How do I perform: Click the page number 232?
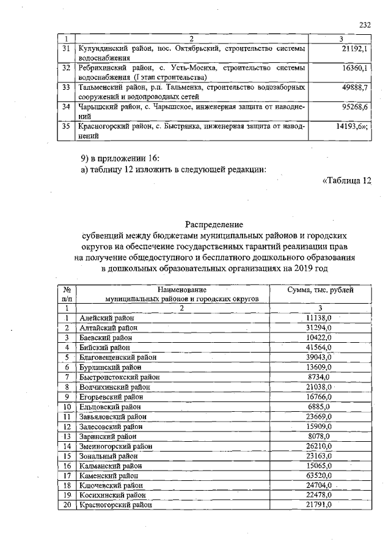(x=365, y=25)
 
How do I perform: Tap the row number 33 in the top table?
(x=68, y=87)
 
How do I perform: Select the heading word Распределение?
(x=214, y=224)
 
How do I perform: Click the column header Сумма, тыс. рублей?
(x=320, y=290)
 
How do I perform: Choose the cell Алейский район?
(x=107, y=318)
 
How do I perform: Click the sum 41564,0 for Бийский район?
(x=318, y=347)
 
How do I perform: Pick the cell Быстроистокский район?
(x=116, y=377)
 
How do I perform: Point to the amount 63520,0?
(x=318, y=475)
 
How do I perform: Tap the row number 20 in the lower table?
(x=68, y=505)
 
